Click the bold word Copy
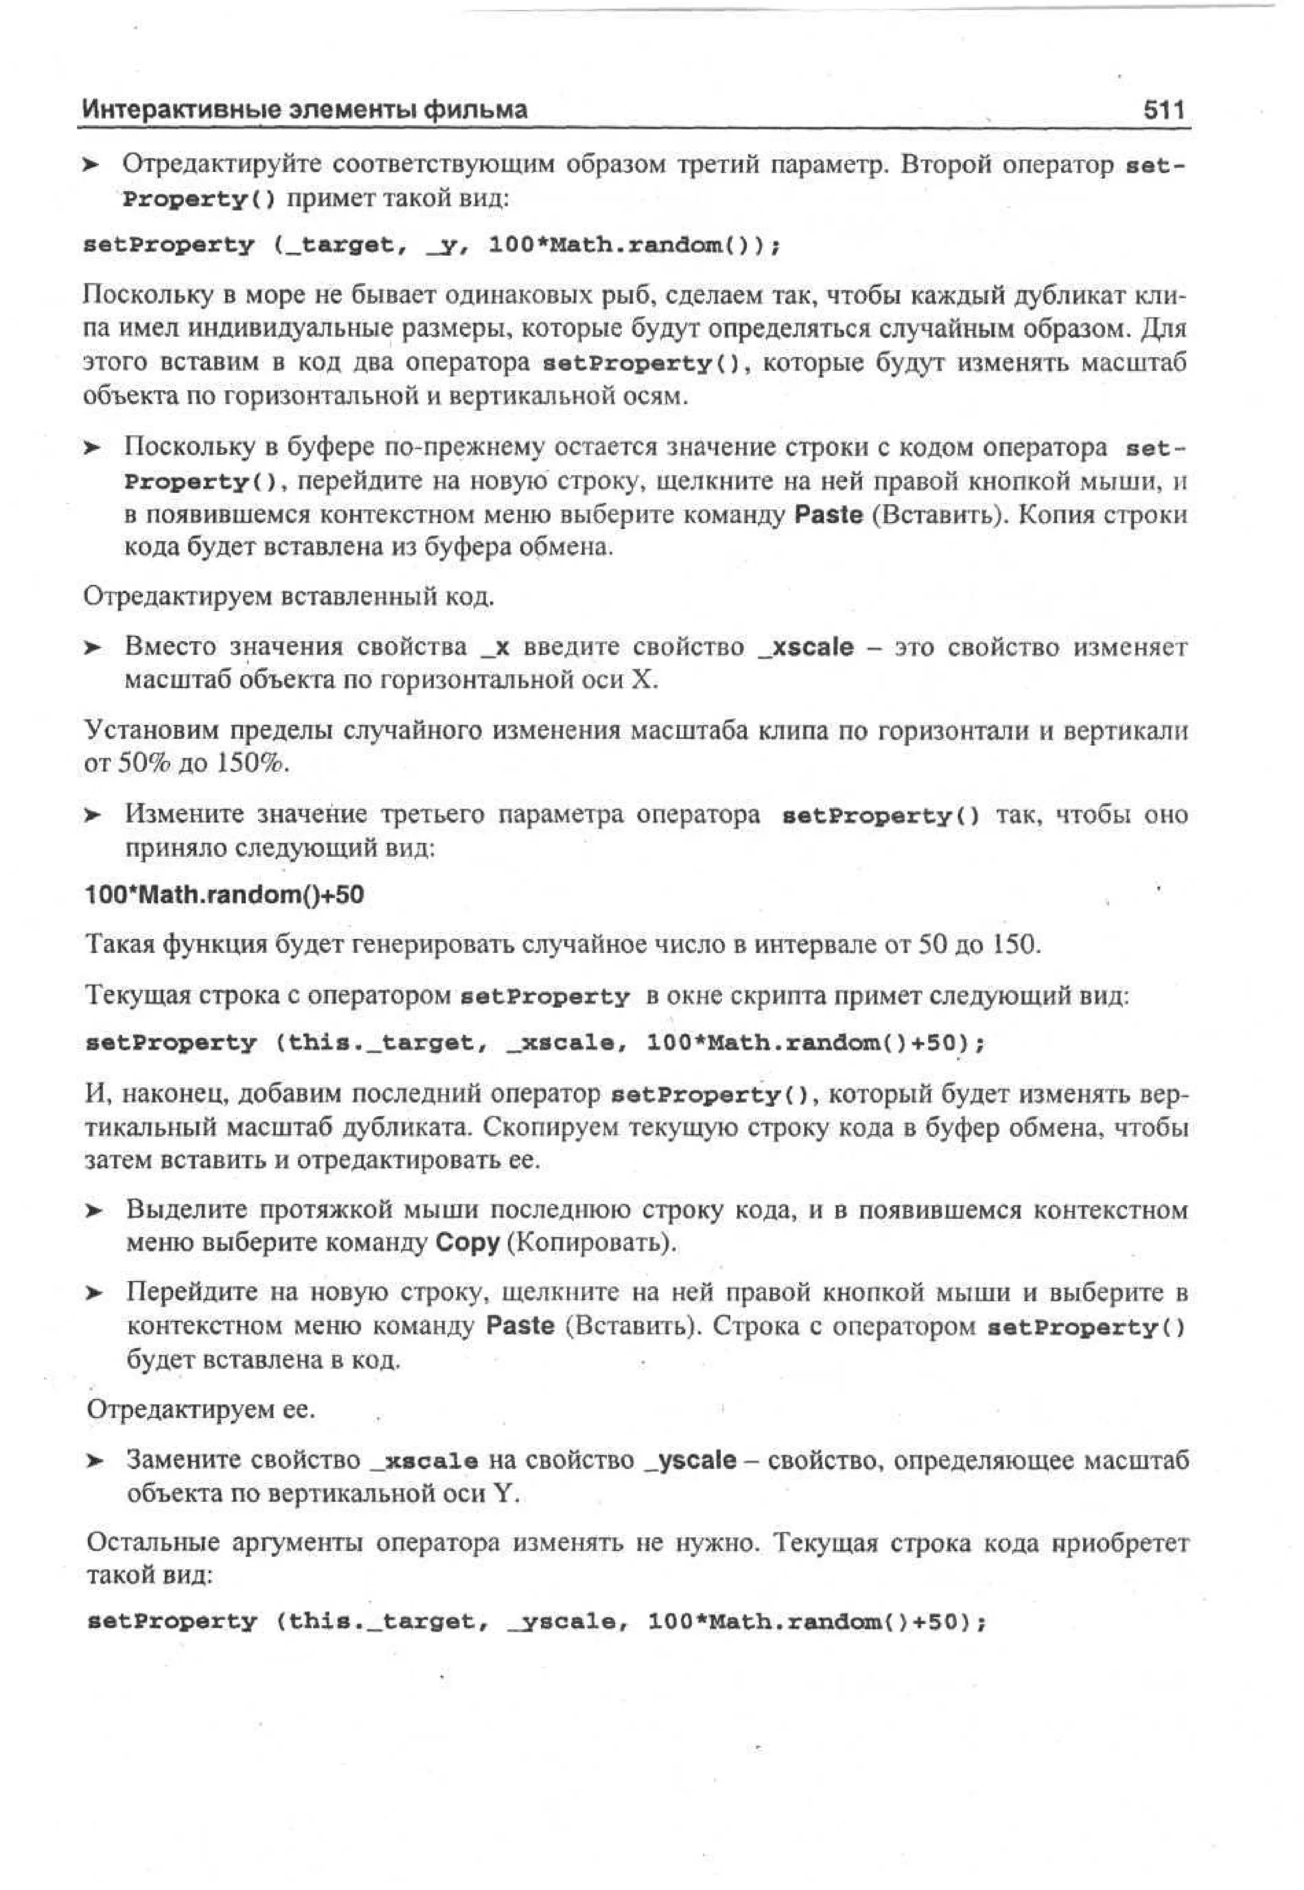click(x=467, y=1243)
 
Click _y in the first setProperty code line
click(x=442, y=245)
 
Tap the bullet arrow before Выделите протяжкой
click(x=95, y=1210)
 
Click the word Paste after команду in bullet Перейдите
click(x=520, y=1325)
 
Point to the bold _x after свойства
click(x=496, y=647)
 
